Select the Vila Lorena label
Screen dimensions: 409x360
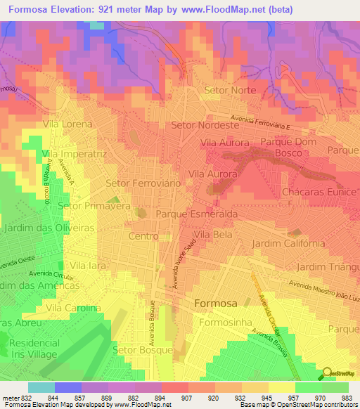(67, 124)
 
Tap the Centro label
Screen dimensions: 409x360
(143, 236)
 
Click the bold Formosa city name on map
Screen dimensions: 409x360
(214, 303)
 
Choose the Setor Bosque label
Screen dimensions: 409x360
(143, 349)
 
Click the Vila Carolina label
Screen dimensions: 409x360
(73, 308)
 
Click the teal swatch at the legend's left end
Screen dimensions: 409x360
(41, 387)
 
